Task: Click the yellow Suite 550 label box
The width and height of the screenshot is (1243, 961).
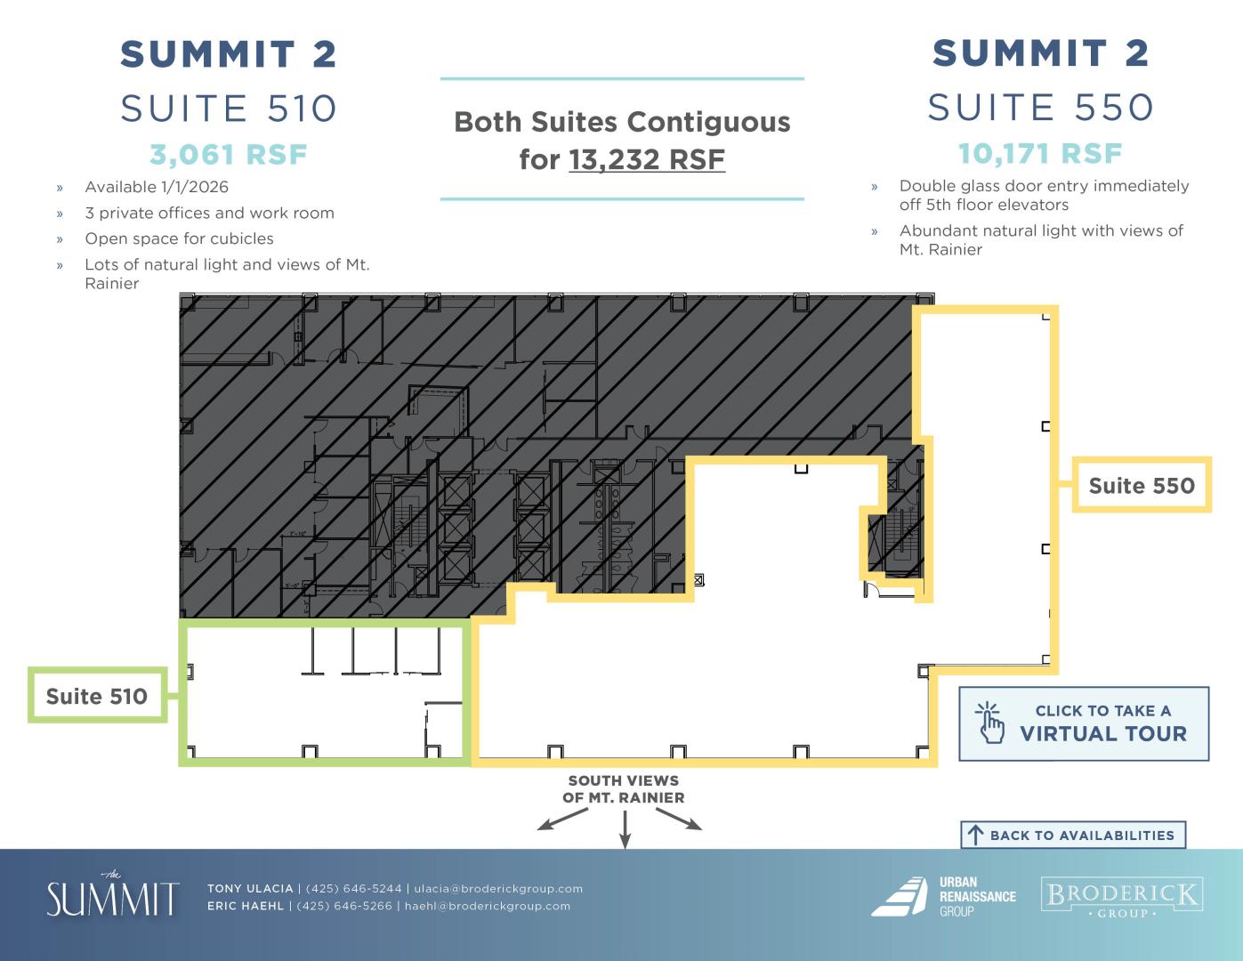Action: (1142, 484)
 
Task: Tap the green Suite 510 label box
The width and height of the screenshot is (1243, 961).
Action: (97, 695)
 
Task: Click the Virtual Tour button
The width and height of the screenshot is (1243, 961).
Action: (1084, 723)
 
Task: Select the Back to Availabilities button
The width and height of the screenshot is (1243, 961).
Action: (1073, 836)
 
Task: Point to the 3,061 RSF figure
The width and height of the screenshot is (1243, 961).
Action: (229, 155)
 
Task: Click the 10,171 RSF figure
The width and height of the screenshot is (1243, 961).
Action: (1040, 153)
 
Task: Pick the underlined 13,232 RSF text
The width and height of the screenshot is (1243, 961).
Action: (647, 159)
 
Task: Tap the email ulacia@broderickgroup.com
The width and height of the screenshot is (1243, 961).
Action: (498, 888)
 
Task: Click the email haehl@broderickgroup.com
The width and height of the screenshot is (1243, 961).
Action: (488, 906)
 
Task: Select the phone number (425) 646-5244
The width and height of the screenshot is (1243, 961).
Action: (353, 888)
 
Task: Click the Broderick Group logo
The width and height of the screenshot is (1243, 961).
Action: (1122, 896)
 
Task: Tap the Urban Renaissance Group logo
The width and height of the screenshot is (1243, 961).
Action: (944, 896)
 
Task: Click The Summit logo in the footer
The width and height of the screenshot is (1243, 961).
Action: (113, 895)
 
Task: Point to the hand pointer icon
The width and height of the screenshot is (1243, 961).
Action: (989, 723)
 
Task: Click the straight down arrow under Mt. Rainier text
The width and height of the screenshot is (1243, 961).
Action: (625, 830)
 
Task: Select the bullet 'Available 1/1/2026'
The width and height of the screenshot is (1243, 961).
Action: (157, 187)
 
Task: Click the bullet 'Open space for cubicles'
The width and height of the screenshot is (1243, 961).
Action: (179, 238)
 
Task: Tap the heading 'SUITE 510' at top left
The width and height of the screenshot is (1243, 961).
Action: (229, 109)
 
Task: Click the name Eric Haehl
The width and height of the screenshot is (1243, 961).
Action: (246, 906)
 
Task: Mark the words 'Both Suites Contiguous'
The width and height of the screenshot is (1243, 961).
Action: (622, 122)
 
